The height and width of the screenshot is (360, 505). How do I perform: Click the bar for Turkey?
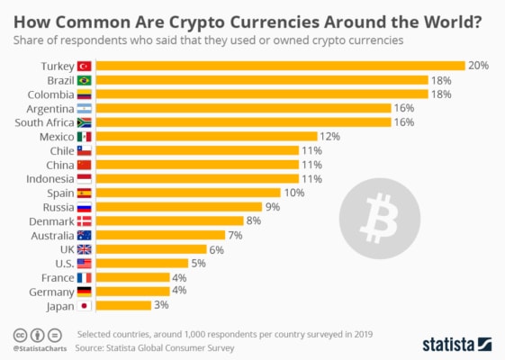(279, 66)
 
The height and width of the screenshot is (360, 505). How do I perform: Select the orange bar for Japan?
(123, 305)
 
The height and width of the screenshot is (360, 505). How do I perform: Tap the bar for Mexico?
(206, 136)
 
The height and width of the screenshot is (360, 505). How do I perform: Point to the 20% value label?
(477, 66)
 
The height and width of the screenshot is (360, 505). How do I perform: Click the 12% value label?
(329, 136)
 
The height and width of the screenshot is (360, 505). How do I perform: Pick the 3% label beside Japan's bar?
(163, 305)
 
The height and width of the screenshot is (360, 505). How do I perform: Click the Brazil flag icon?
(85, 80)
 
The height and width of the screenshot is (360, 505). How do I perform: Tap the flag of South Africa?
(85, 122)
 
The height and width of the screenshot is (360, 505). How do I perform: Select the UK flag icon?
(85, 249)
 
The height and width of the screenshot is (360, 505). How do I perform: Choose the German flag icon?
(85, 292)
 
